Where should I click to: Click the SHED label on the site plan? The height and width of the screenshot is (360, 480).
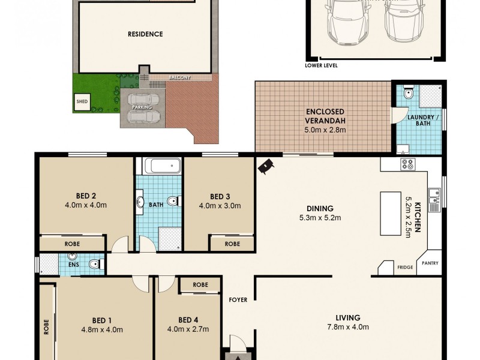[x=82, y=101]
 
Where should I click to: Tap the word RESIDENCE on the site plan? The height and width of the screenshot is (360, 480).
[x=145, y=34]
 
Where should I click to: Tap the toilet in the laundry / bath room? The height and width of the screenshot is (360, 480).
[x=407, y=93]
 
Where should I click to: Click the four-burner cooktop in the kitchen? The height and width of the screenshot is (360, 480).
[x=407, y=164]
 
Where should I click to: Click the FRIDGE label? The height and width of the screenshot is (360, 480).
[x=405, y=268]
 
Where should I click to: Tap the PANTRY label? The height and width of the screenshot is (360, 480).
[x=430, y=263]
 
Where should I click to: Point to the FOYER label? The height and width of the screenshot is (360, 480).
[x=238, y=299]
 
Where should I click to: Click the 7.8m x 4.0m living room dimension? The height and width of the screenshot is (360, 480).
[x=348, y=327]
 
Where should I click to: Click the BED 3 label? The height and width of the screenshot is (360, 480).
[x=220, y=196]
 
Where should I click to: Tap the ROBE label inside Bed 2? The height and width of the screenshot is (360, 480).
[x=73, y=244]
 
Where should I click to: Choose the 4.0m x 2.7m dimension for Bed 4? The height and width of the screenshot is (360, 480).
[x=188, y=329]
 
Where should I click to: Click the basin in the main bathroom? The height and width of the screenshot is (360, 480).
[x=140, y=201]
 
